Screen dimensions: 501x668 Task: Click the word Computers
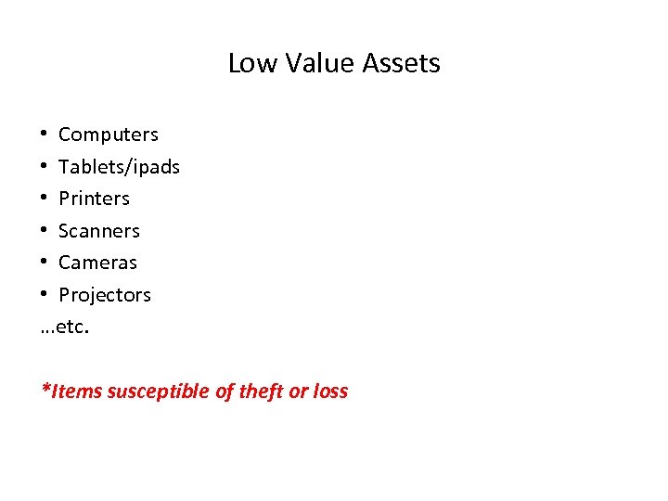(x=109, y=135)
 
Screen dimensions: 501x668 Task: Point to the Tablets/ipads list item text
(x=119, y=167)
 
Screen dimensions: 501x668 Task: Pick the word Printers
(x=94, y=199)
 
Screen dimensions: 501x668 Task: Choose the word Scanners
(x=99, y=231)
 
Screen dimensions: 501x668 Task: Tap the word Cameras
(x=97, y=263)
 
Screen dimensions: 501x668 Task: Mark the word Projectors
(x=105, y=295)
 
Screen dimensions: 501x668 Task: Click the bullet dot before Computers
(x=45, y=135)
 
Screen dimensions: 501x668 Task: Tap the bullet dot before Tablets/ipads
(x=45, y=167)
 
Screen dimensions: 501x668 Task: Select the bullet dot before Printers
(x=45, y=199)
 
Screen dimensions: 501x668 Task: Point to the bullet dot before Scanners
(x=45, y=231)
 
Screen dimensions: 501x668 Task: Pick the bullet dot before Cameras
(x=45, y=263)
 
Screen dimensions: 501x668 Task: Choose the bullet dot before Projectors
(x=45, y=295)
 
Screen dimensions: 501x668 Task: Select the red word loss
(x=329, y=391)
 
